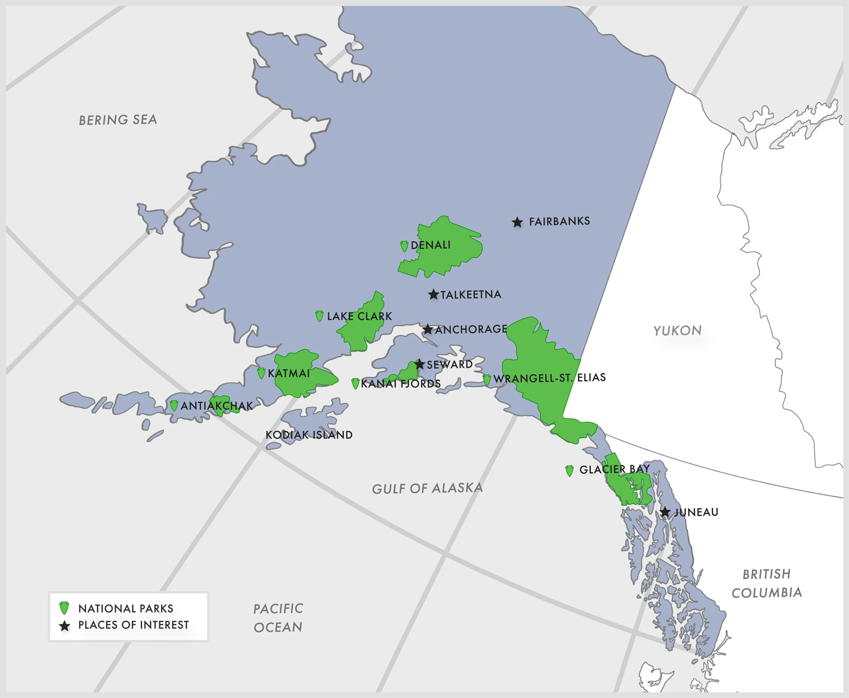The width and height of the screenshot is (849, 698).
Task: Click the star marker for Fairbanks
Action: click(517, 222)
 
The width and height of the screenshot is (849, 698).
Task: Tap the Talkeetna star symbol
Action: click(434, 294)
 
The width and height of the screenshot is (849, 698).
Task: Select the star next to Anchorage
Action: click(428, 329)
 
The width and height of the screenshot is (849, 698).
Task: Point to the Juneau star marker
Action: click(665, 512)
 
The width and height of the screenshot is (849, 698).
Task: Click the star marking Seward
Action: click(419, 364)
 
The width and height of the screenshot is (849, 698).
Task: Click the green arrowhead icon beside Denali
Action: click(404, 246)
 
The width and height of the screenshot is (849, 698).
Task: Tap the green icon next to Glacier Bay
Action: click(569, 470)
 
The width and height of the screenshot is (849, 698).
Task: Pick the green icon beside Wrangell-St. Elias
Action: click(487, 380)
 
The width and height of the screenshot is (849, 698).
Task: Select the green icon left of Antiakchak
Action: click(174, 406)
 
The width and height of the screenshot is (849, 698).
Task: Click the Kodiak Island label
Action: click(309, 435)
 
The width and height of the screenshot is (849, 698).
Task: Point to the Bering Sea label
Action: click(118, 120)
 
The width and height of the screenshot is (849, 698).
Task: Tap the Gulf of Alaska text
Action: click(427, 489)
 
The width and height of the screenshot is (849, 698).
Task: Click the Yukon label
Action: click(678, 331)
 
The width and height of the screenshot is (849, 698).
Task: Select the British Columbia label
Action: click(766, 583)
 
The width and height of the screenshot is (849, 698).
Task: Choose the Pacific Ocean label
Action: click(278, 618)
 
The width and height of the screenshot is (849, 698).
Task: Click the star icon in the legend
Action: click(65, 626)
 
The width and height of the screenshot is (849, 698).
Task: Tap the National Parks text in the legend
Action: click(126, 609)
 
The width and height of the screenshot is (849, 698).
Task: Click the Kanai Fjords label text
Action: click(401, 384)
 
